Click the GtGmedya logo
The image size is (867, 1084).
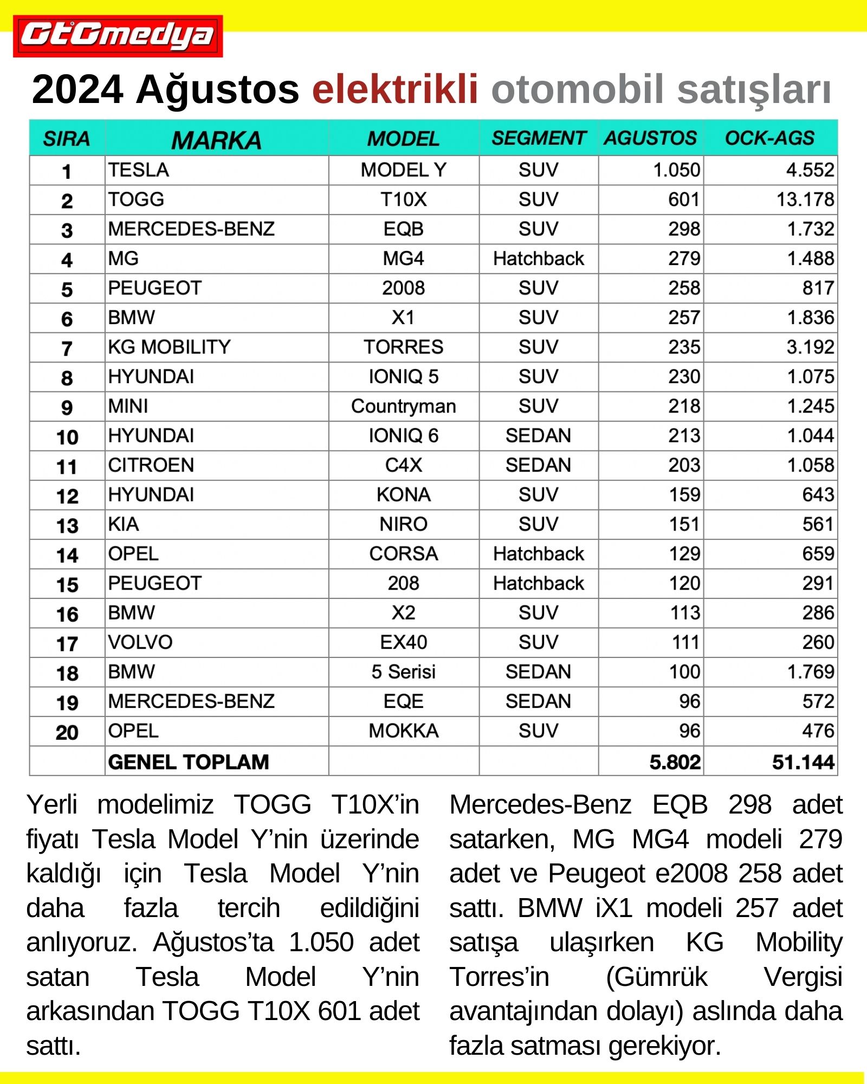[118, 36]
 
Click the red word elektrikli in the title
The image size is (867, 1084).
[395, 89]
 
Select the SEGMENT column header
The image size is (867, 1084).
[538, 138]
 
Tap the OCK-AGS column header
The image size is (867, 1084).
[769, 138]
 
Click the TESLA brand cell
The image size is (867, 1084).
[139, 170]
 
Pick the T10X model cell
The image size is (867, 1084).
[403, 199]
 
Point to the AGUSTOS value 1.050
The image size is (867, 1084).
[676, 170]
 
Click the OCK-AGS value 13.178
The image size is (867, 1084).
[805, 199]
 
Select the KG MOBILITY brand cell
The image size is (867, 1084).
[169, 347]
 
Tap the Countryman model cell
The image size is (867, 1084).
[403, 406]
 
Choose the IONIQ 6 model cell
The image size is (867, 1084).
[403, 436]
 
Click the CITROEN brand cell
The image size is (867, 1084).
[151, 465]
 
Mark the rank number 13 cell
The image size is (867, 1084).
[67, 525]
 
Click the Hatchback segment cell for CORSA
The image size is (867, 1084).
[538, 554]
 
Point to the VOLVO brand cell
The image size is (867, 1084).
[140, 642]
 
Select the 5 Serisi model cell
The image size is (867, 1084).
[403, 672]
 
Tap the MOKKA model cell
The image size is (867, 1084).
[403, 731]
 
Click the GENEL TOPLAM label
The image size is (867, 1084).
[188, 762]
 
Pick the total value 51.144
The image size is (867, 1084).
[803, 762]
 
